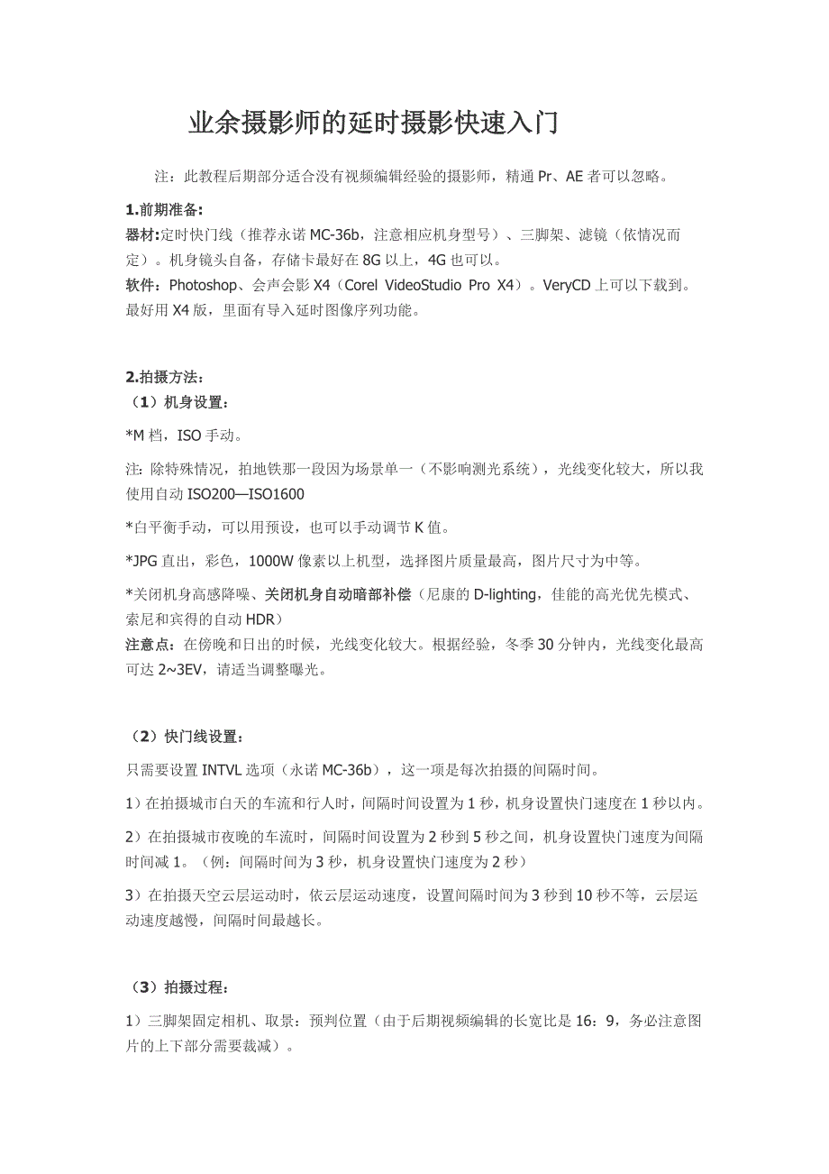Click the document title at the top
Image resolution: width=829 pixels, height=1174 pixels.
(373, 124)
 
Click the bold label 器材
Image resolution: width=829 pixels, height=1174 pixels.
(141, 235)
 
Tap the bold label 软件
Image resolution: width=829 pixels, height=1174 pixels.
(140, 286)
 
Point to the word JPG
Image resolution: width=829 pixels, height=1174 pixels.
(144, 561)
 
